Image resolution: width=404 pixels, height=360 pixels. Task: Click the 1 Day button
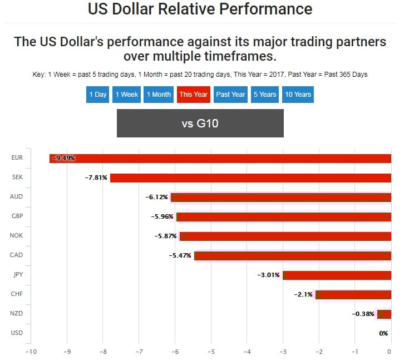[x=97, y=94]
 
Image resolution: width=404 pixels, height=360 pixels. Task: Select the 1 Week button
[x=127, y=94]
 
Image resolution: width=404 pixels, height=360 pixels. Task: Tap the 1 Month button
[x=159, y=94]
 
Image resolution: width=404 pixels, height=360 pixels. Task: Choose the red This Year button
[x=193, y=94]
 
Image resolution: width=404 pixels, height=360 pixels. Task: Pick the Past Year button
[x=230, y=94]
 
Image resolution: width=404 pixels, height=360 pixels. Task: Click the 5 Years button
[x=265, y=94]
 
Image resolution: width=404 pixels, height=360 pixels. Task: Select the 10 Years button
[x=298, y=94]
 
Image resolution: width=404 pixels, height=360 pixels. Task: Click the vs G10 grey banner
[x=200, y=123]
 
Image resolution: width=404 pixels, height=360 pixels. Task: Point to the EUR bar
[x=223, y=158]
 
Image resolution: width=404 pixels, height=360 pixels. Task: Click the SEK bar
[x=250, y=177]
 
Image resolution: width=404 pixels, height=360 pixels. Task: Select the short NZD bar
[x=384, y=314]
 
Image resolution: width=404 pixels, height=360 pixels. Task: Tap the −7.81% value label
[x=96, y=177]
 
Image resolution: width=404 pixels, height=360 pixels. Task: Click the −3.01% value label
[x=268, y=275]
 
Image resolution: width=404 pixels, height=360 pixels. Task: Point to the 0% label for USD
[x=383, y=333]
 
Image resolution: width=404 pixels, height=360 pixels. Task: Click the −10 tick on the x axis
[x=31, y=352]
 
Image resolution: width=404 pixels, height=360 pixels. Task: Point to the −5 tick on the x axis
[x=211, y=352]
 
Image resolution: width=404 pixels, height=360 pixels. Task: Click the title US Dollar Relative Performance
[x=200, y=9]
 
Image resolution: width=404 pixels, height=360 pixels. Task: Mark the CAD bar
[x=292, y=255]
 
